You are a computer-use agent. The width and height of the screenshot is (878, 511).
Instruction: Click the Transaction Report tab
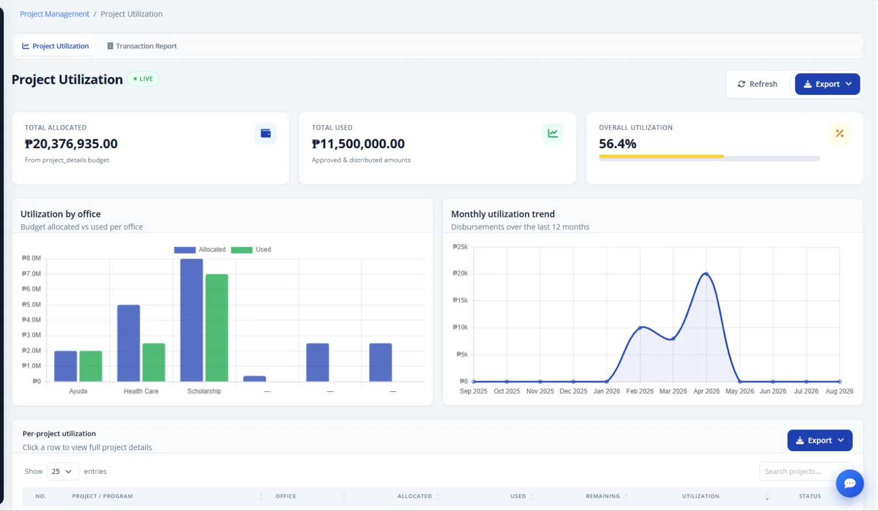tap(142, 46)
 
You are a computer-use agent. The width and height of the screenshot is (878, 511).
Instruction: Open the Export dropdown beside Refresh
tap(827, 84)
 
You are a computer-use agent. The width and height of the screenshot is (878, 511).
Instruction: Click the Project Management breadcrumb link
tap(54, 14)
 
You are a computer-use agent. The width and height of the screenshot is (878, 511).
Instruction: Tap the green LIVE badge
tap(143, 79)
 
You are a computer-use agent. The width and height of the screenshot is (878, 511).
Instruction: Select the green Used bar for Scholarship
tap(217, 328)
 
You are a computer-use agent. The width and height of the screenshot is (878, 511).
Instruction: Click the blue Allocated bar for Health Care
tap(128, 343)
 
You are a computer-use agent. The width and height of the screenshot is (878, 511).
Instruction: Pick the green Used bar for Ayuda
tap(91, 366)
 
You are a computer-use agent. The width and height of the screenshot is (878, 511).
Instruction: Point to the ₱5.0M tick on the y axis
tap(31, 305)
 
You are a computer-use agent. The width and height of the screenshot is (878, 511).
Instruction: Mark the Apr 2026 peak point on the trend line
tap(706, 274)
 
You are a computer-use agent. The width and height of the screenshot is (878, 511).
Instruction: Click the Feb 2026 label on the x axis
tap(640, 391)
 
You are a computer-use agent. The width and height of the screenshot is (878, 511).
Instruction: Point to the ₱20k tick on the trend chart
tap(460, 273)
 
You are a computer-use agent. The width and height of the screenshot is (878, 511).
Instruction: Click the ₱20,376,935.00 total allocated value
tap(71, 144)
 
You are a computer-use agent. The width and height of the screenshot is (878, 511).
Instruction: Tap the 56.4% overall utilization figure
tap(617, 144)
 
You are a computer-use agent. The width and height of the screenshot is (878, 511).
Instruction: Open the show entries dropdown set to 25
tap(63, 471)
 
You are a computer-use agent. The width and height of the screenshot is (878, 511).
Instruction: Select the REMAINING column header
tap(603, 497)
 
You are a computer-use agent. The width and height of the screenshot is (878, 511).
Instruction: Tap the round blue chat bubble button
tap(849, 484)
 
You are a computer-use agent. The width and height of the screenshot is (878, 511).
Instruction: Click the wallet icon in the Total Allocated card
tap(266, 134)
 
